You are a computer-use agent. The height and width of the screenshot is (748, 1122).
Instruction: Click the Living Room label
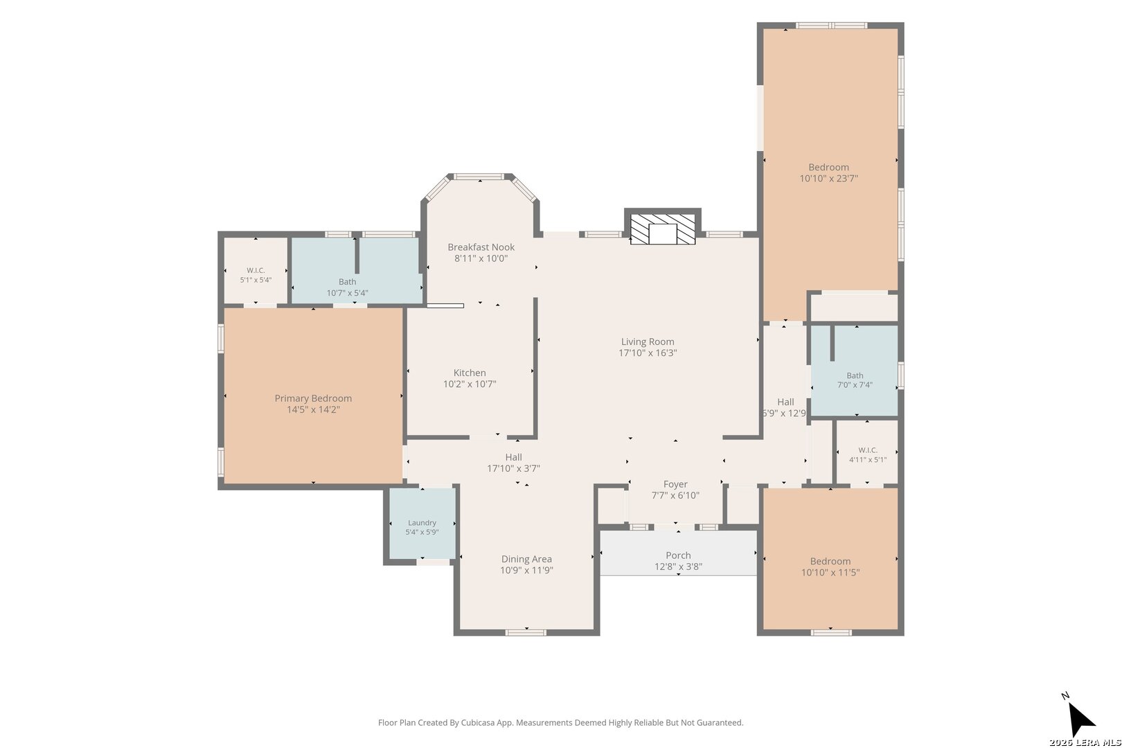[648, 341]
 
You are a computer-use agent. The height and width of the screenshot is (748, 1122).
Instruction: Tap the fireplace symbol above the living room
[662, 229]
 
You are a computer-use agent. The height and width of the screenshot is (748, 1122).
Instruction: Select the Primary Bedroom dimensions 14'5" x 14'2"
[313, 410]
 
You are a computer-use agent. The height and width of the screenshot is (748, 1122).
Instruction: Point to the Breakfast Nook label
[481, 247]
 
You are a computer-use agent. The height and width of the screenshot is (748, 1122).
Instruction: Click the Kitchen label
[470, 373]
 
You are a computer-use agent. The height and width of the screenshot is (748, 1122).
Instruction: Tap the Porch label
[678, 555]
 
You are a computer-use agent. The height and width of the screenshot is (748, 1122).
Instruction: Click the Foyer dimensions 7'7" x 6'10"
[675, 495]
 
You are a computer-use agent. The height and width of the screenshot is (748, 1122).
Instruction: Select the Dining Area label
[526, 559]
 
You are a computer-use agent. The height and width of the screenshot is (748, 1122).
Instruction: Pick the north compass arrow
[1080, 720]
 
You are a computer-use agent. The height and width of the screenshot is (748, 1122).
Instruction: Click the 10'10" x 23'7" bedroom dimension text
[828, 179]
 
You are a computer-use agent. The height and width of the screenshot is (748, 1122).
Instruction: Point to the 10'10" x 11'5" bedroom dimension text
[830, 573]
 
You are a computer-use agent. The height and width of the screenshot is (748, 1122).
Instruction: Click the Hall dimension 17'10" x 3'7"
[513, 468]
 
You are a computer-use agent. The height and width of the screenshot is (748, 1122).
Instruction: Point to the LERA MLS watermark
[1085, 742]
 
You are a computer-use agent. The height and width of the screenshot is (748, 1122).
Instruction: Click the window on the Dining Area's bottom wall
[526, 633]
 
